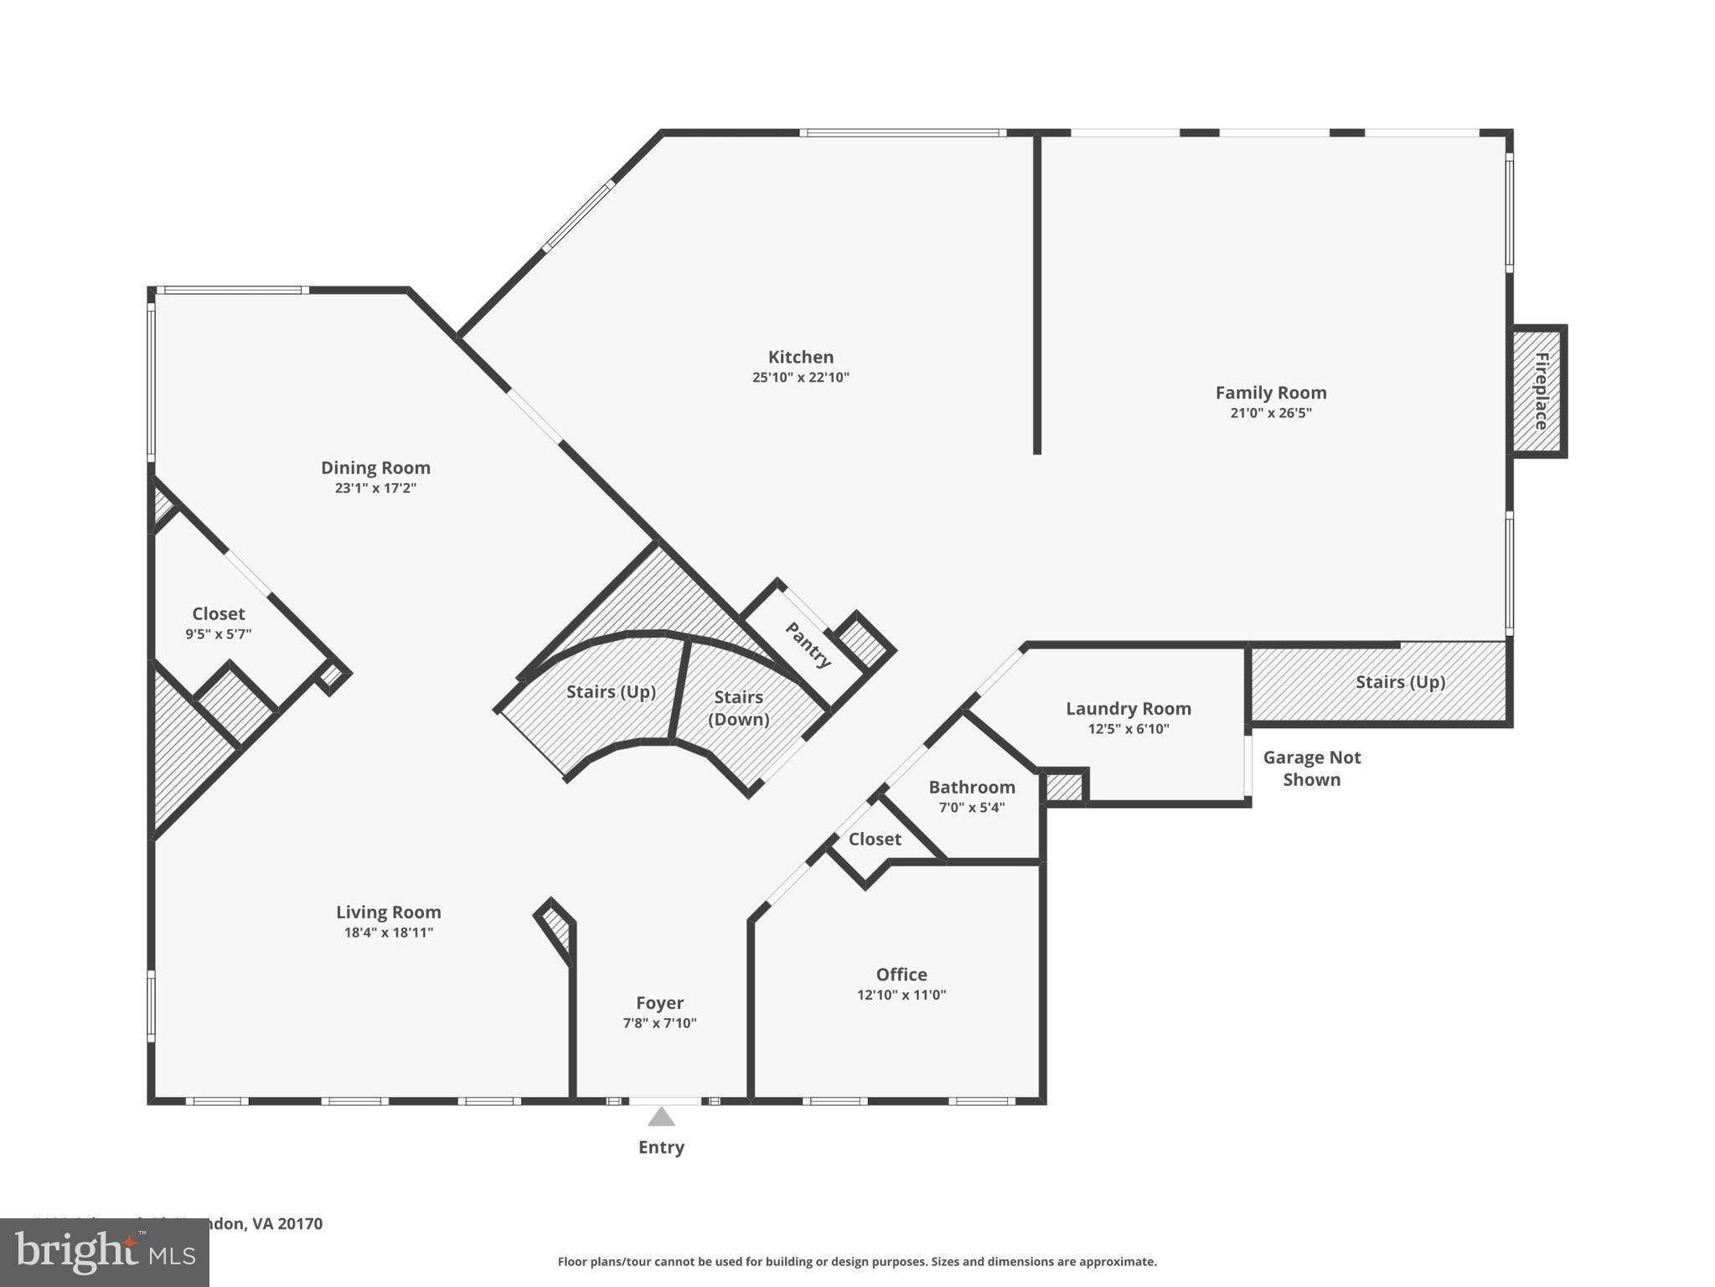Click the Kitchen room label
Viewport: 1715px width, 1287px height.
[800, 357]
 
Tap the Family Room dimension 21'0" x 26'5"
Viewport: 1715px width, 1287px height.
[1270, 413]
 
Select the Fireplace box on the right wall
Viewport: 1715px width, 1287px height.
[1539, 391]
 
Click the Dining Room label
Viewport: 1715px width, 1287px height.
[375, 468]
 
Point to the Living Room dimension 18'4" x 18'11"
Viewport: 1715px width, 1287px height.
[388, 933]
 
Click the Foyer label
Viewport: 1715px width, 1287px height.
[659, 1003]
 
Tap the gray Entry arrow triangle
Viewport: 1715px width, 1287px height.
[661, 1118]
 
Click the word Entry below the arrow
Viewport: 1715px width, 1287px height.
[661, 1148]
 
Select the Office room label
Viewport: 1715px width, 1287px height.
[901, 974]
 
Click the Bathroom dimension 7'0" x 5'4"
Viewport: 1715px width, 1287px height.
[971, 808]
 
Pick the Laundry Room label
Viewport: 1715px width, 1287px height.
[1128, 709]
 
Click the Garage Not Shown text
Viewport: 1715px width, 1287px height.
[1311, 768]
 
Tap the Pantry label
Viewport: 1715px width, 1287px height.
[808, 644]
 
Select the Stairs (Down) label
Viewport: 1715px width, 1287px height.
[738, 708]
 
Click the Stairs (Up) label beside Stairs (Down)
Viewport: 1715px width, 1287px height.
[611, 692]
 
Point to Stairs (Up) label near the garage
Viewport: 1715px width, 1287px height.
[1400, 682]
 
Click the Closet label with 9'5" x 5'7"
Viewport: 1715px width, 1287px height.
[218, 614]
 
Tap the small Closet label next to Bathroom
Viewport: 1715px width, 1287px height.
[875, 840]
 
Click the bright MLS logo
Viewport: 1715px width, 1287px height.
[104, 1253]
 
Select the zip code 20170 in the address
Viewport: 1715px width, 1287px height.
[300, 1223]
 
